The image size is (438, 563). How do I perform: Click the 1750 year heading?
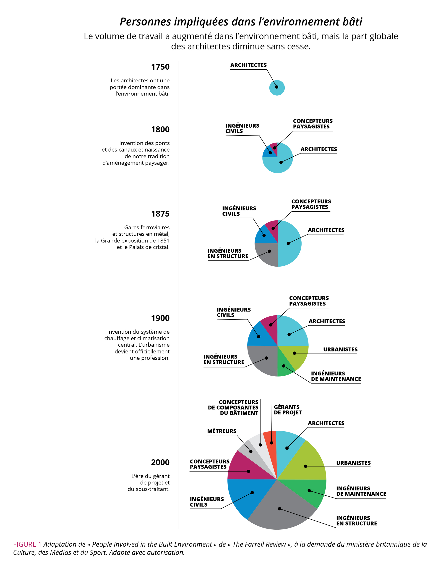(160, 67)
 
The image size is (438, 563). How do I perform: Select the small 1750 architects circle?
(277, 88)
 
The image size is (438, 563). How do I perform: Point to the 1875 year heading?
(160, 214)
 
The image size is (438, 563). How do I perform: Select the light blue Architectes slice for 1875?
(289, 243)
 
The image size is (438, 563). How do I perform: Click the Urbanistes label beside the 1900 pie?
(340, 349)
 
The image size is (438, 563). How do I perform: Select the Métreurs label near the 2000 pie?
(222, 431)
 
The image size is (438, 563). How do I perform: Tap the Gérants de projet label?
(287, 410)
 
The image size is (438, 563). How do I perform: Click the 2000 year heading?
(160, 462)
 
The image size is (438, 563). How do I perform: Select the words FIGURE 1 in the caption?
(27, 544)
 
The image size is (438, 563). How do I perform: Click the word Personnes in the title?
(145, 22)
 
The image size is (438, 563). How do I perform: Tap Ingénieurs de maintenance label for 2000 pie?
(361, 491)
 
